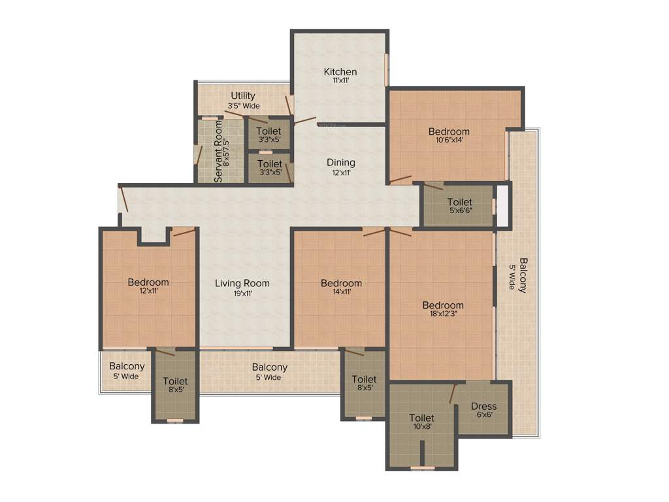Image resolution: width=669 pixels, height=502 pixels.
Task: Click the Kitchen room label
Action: tap(340, 71)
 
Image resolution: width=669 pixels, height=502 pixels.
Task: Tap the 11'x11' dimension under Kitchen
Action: tap(340, 81)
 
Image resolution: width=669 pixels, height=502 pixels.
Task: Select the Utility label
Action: tap(243, 96)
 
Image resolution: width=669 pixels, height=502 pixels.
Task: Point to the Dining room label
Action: tap(340, 162)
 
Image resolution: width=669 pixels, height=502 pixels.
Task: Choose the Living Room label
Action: tap(242, 283)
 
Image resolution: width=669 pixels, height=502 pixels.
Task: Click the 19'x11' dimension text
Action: tap(242, 293)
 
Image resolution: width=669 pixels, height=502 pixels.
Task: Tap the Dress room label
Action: tap(483, 406)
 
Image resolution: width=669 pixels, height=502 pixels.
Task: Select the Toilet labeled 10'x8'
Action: tap(421, 418)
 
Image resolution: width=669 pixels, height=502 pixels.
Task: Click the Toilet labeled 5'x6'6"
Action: tap(460, 202)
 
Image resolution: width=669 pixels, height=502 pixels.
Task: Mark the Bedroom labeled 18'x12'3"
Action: tap(443, 305)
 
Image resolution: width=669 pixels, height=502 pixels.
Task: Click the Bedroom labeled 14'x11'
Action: tap(341, 283)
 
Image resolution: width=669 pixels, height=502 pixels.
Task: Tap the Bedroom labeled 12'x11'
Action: tap(148, 282)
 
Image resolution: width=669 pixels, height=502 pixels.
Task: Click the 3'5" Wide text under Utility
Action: tap(243, 106)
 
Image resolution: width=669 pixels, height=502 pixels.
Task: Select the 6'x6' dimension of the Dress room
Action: tap(483, 416)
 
